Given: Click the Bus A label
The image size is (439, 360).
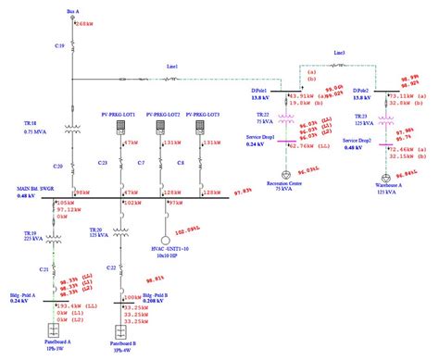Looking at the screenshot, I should pos(73,10).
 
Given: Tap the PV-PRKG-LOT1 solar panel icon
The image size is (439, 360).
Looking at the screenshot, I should pos(119,127).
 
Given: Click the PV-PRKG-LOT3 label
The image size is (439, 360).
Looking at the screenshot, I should pos(202,114).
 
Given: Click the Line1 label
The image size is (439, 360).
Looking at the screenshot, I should pos(171,67).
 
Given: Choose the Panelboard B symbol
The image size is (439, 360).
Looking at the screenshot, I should pos(119,329).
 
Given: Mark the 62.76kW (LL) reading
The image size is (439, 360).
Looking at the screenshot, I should pos(314,145).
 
